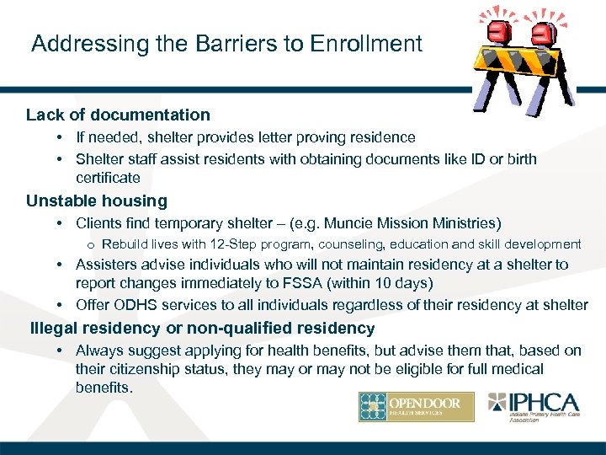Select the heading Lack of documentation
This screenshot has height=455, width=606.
(x=118, y=115)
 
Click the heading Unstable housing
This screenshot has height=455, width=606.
(x=97, y=201)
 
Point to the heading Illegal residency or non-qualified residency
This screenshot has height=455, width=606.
(x=202, y=328)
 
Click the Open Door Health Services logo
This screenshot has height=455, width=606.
(x=416, y=407)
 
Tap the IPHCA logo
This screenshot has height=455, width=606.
(x=535, y=407)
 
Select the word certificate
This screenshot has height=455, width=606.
(x=108, y=178)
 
